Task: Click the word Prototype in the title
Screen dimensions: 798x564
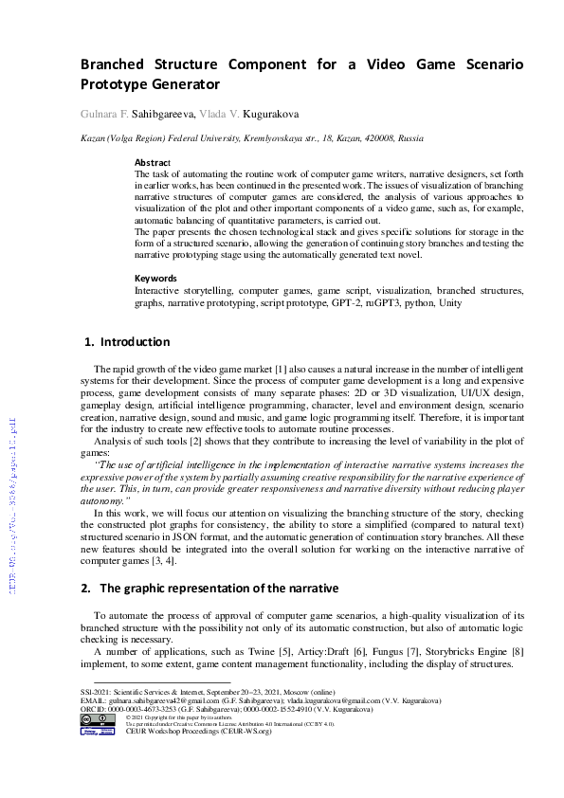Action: point(114,84)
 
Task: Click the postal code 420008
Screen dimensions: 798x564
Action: point(361,137)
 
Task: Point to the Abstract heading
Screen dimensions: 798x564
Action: point(153,162)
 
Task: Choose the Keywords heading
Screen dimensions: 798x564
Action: point(155,278)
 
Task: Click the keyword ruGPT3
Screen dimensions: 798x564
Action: point(397,304)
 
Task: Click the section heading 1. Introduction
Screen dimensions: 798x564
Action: point(128,341)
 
